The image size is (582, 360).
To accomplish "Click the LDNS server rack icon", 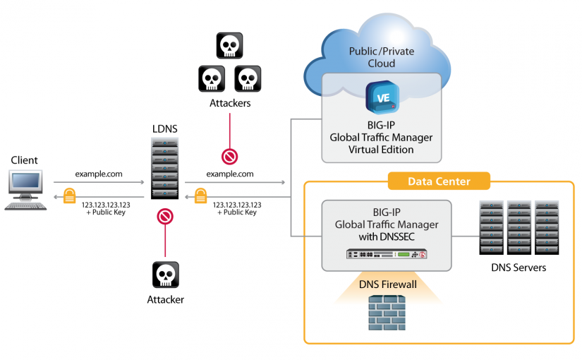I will (x=164, y=168).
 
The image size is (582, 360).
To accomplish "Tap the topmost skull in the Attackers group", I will (x=229, y=46).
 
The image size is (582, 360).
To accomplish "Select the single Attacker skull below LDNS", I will (x=165, y=275).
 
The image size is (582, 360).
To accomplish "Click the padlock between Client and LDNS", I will (x=70, y=196).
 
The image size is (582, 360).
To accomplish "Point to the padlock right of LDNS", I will (x=200, y=196).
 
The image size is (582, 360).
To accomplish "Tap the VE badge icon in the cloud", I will (x=382, y=97).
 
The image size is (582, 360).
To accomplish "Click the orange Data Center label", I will (x=439, y=181).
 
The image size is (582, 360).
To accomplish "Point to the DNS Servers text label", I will (x=519, y=268).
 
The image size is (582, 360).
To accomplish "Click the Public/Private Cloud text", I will (x=382, y=57).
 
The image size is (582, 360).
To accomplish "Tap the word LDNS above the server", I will (x=164, y=129).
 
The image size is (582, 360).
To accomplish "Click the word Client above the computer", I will (x=25, y=160).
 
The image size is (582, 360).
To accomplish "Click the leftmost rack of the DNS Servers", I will (x=491, y=228).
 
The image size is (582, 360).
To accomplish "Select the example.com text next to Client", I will (x=99, y=174).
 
